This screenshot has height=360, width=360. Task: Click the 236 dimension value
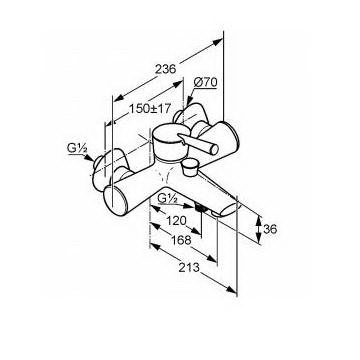pos(165,69)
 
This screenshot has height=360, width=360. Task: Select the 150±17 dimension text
pos(150,109)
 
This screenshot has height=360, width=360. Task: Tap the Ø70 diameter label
pos(205,82)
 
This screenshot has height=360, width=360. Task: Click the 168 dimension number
pos(182,240)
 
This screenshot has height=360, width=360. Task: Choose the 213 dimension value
pos(189,267)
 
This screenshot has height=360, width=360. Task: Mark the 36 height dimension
pos(270,229)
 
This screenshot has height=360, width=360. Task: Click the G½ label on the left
pos(77,149)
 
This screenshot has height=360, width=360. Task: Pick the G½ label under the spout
pos(168,199)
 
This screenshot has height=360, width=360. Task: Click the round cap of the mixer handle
pos(169,135)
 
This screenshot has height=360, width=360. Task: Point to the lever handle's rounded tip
pos(214,149)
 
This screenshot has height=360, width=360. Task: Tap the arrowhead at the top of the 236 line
pos(217,42)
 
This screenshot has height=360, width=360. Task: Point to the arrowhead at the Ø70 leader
pos(189,103)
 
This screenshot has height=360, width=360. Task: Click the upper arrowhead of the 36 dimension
pos(260,221)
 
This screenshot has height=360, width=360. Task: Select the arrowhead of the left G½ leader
pos(90,159)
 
